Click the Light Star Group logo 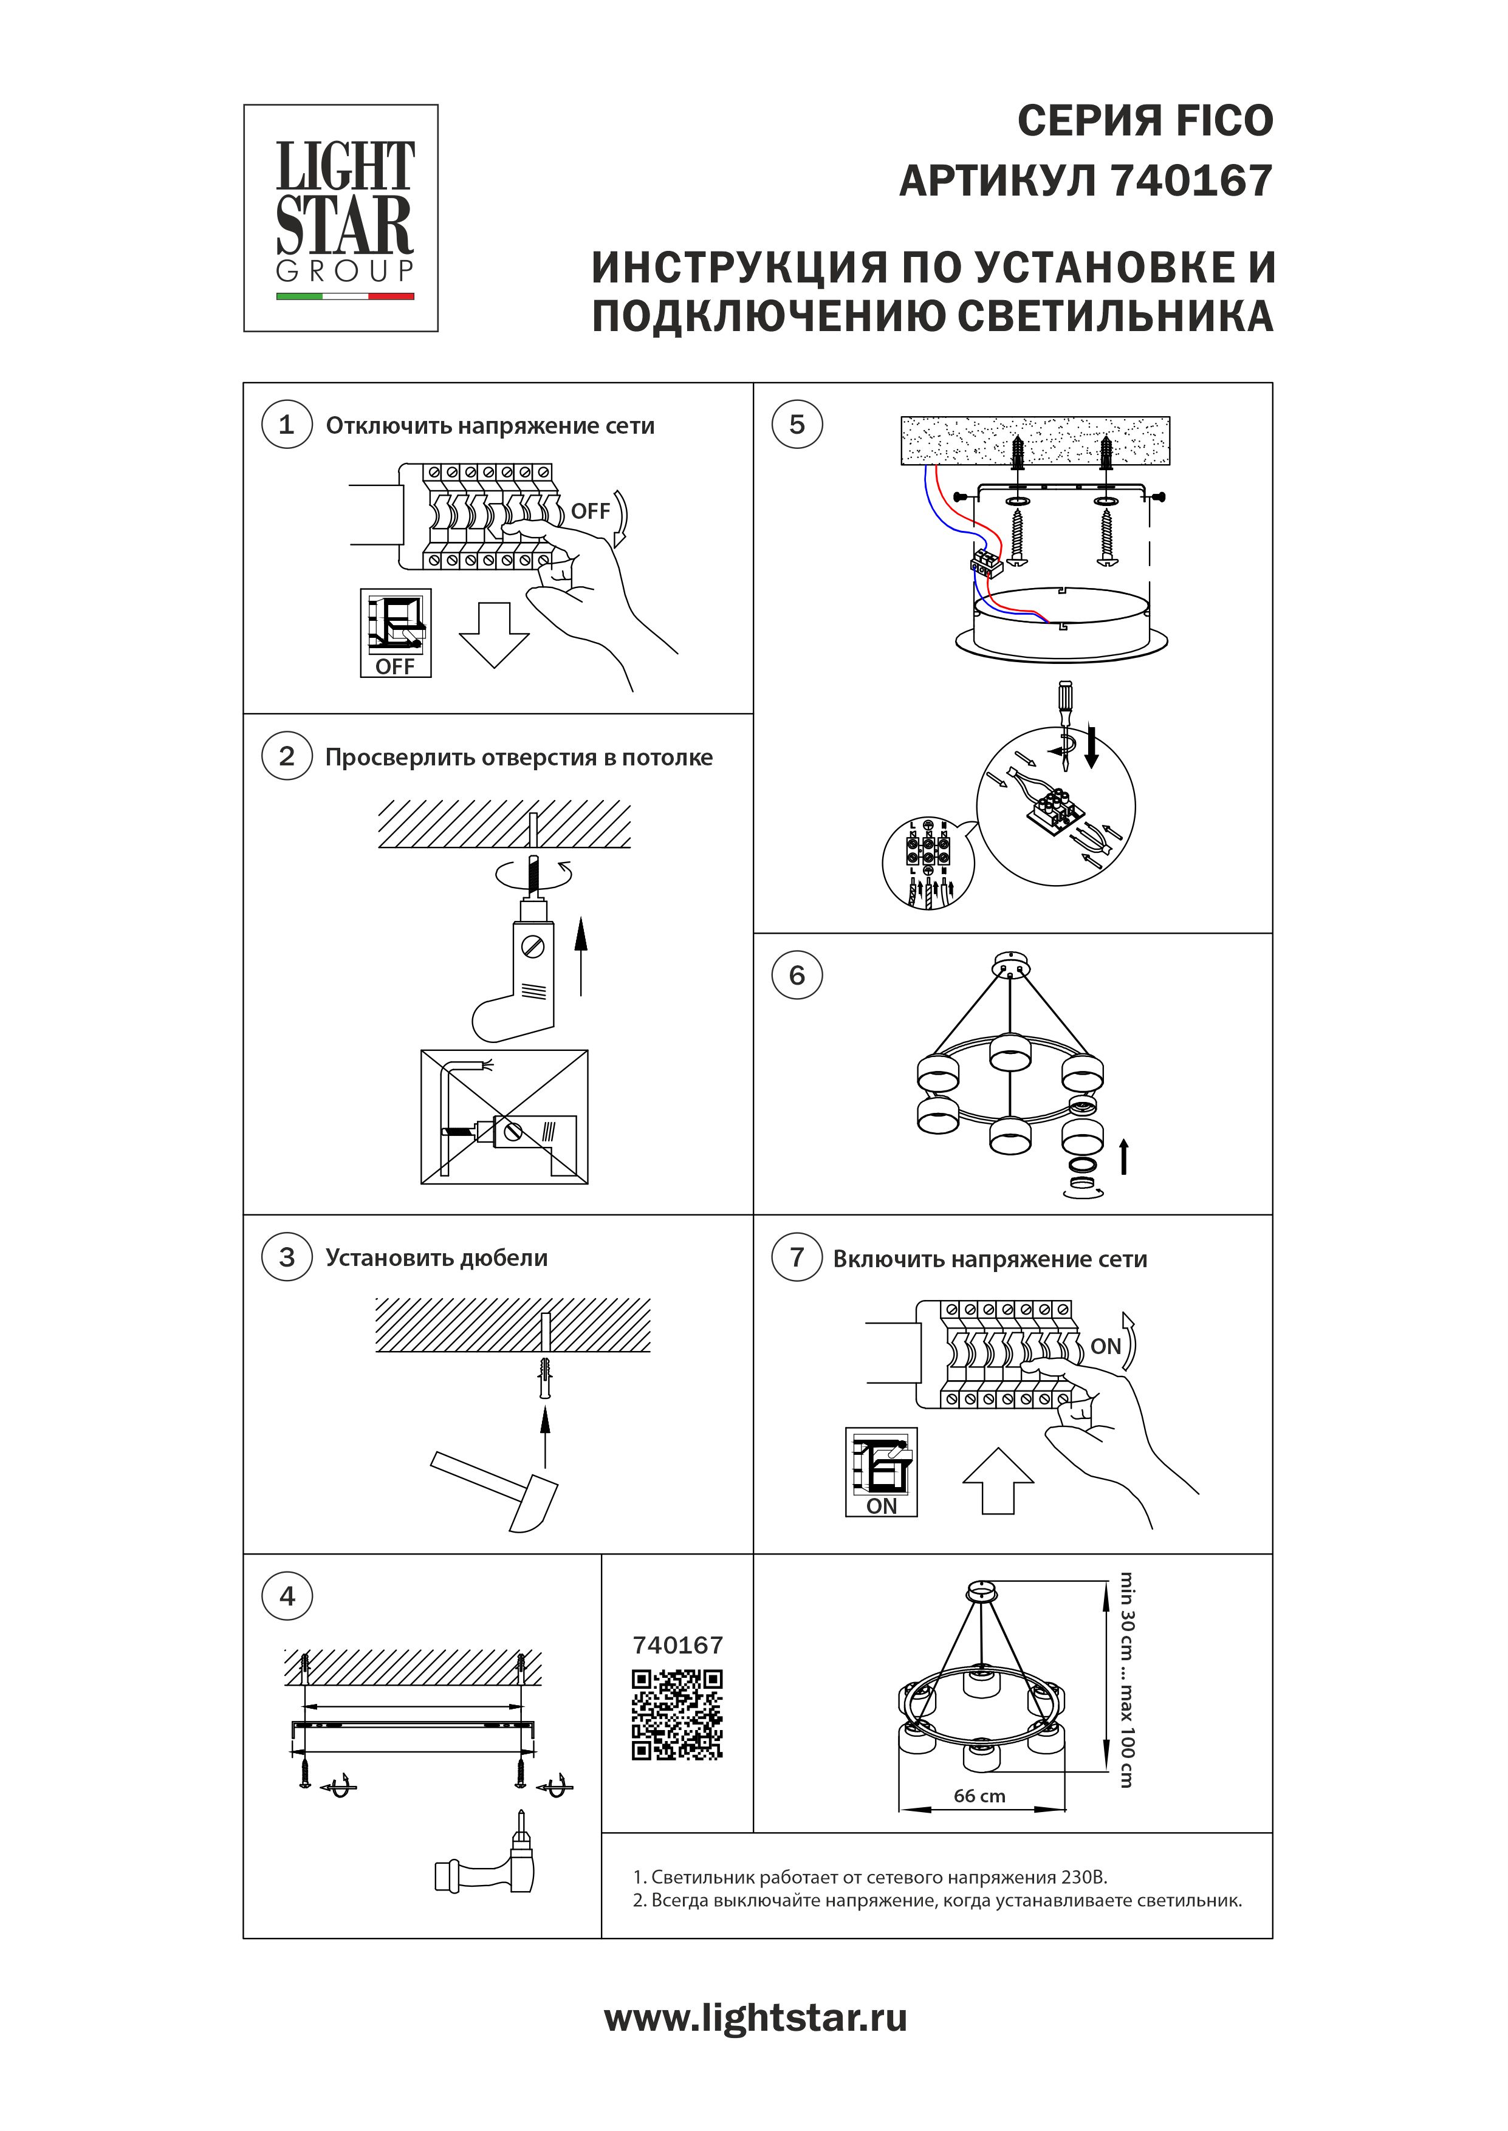341,218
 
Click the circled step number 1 286,425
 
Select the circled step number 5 797,425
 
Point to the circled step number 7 797,1257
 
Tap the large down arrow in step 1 494,634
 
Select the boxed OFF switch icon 396,632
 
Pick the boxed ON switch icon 881,1472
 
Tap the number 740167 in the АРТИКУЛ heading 1191,181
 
